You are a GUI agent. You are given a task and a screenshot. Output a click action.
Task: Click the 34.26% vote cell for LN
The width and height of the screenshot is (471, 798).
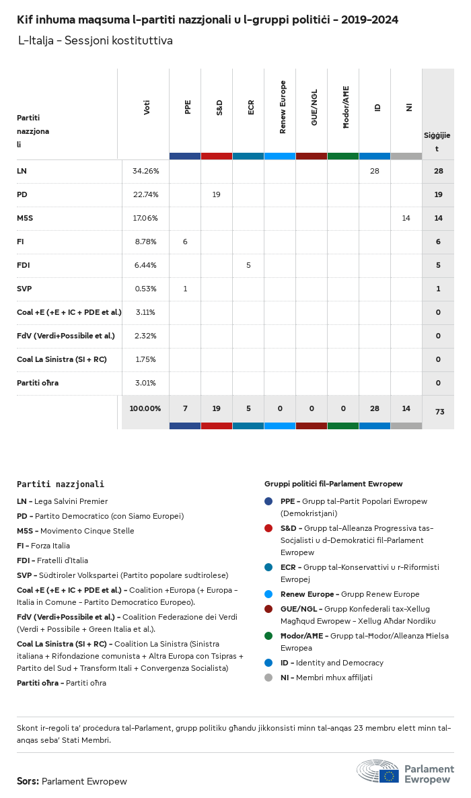[x=145, y=171]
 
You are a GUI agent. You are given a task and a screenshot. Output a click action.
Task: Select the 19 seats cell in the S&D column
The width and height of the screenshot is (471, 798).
[x=216, y=194]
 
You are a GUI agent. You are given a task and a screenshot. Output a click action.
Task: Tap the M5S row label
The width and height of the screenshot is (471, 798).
[x=25, y=218]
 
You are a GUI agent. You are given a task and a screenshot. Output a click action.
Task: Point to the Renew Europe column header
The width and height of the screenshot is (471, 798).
[x=283, y=107]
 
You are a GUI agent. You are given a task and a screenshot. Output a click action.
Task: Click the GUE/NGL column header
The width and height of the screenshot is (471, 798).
[x=314, y=107]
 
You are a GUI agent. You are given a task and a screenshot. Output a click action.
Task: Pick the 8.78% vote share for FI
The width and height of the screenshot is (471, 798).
[x=145, y=242]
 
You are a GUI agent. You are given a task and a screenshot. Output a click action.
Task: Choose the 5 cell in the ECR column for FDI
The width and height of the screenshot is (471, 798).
[x=248, y=265]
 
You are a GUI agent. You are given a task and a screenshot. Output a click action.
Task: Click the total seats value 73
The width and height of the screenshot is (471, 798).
[x=439, y=412]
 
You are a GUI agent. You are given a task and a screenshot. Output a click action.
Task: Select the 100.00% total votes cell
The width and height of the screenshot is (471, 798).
[x=145, y=408]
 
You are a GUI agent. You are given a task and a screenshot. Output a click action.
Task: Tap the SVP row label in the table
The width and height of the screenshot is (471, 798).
[x=24, y=289]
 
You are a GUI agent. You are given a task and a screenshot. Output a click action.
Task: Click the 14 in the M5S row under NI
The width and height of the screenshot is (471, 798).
[x=406, y=218]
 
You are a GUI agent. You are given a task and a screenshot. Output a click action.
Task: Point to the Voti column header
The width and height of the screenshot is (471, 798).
[x=147, y=107]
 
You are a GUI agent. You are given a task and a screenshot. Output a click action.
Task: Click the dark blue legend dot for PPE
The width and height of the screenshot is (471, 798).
[x=269, y=501]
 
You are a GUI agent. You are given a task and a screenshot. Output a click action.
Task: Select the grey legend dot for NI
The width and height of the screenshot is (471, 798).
[x=269, y=678]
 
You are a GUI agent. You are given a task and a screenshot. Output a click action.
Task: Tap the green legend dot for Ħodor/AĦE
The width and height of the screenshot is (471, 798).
[x=269, y=636]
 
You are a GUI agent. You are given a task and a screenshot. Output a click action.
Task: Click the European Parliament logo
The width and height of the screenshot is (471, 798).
[x=405, y=774]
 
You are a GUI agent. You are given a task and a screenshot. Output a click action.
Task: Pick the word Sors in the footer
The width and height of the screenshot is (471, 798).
[x=28, y=781]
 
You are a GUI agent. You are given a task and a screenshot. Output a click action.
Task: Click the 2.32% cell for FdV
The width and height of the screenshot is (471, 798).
[x=145, y=336]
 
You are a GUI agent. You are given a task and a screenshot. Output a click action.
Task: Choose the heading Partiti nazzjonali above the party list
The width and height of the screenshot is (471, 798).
[x=61, y=484]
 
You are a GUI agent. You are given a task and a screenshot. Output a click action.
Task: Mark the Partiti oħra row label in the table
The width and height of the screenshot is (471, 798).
[x=38, y=383]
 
